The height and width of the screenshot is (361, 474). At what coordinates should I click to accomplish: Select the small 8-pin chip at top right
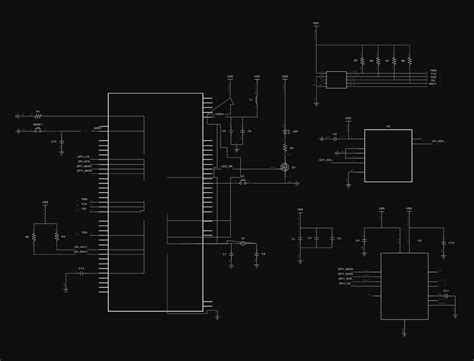pyautogui.click(x=334, y=79)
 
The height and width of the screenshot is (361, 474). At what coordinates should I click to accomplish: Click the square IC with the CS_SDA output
pyautogui.click(x=387, y=155)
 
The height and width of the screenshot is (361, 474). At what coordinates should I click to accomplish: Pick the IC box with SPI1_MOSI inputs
pyautogui.click(x=404, y=285)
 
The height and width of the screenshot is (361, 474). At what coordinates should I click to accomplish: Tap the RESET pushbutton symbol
pyautogui.click(x=38, y=129)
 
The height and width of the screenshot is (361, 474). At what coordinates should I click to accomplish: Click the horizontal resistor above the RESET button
pyautogui.click(x=38, y=116)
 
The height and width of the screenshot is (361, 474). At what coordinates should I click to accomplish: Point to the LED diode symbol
pyautogui.click(x=285, y=133)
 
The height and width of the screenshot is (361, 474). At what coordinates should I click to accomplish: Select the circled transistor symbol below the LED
pyautogui.click(x=285, y=166)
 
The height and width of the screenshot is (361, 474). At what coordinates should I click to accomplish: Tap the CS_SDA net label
pyautogui.click(x=438, y=142)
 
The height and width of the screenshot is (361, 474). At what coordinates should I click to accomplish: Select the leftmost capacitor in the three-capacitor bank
pyautogui.click(x=303, y=239)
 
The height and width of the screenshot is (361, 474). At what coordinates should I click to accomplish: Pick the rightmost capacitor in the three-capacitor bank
pyautogui.click(x=331, y=239)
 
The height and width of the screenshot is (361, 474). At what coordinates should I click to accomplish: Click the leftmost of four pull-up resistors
pyautogui.click(x=361, y=61)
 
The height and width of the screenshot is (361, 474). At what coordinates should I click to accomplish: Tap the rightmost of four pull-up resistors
pyautogui.click(x=409, y=61)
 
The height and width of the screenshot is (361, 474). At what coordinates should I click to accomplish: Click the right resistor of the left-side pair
pyautogui.click(x=57, y=237)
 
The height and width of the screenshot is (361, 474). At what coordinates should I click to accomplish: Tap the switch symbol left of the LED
pyautogui.click(x=257, y=97)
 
